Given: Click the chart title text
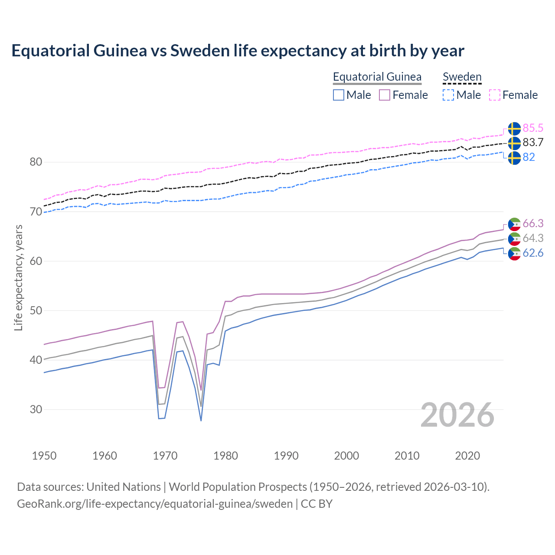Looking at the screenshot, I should tap(238, 51).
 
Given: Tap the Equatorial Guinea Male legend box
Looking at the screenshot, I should tap(339, 95).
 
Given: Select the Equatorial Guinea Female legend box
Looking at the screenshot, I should tap(385, 95).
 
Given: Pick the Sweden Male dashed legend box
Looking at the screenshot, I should tap(448, 95).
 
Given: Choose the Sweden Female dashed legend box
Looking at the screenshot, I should tap(495, 95).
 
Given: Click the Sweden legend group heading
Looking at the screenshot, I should tap(462, 77).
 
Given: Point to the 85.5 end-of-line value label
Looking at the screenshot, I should tap(533, 128).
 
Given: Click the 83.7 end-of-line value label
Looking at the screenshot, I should tap(533, 142).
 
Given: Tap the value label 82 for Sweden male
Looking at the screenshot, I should tap(529, 157).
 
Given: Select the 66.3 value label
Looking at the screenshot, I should tap(533, 223).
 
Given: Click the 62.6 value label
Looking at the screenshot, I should tap(533, 253).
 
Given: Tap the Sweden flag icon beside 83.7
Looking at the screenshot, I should tap(514, 143).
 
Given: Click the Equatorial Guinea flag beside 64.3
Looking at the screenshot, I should tap(514, 238).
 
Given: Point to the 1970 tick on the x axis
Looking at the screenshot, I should tap(165, 456).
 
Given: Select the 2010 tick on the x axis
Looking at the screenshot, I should tap(407, 456).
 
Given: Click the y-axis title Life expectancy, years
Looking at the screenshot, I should tap(18, 277).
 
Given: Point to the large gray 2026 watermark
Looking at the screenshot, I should tap(457, 415).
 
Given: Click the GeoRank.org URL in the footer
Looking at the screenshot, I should tap(155, 503).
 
